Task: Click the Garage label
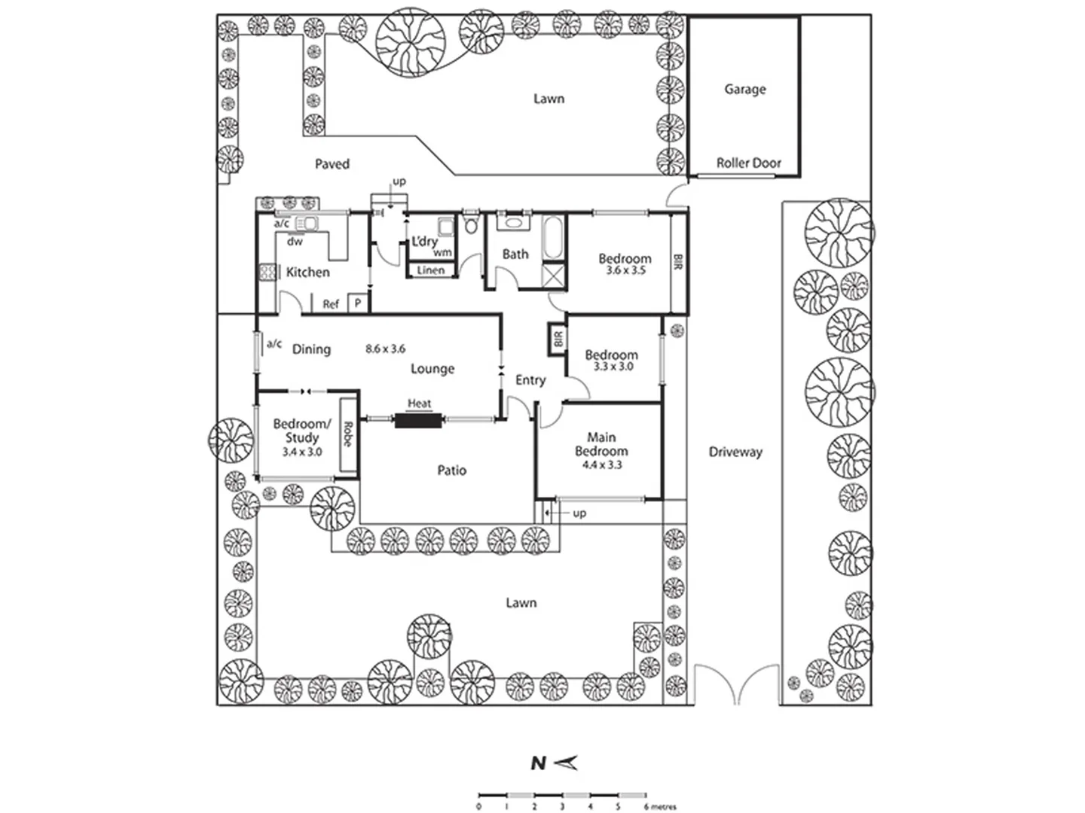(744, 90)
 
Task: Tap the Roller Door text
(748, 163)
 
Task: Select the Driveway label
(735, 452)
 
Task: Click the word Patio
(451, 470)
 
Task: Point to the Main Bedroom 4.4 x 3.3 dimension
(601, 465)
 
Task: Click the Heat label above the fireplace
(419, 403)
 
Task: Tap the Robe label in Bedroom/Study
(347, 434)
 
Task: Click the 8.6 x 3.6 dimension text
(385, 349)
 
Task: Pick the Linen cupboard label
(431, 270)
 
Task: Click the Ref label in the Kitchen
(331, 304)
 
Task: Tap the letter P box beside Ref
(359, 304)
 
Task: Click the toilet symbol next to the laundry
(472, 225)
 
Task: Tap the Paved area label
(332, 164)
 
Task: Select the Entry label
(530, 380)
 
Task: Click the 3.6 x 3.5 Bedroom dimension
(625, 270)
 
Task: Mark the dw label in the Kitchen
(295, 242)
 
